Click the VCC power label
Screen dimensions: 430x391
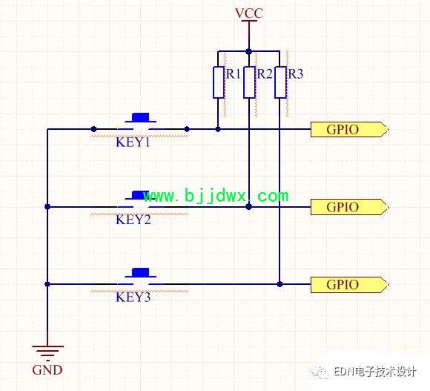[x=249, y=13]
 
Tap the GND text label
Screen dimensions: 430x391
[x=47, y=370]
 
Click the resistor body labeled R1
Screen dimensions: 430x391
[x=218, y=82]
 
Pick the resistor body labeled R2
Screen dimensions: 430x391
[x=249, y=82]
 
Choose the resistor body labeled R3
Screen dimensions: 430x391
[x=280, y=82]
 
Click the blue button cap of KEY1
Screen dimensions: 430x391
[x=140, y=117]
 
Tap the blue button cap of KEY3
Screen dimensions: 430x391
[x=140, y=272]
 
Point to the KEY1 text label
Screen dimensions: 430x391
[x=133, y=142]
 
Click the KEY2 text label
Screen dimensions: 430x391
[x=133, y=220]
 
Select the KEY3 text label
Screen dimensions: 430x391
[x=133, y=298]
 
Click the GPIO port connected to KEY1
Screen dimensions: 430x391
[x=350, y=130]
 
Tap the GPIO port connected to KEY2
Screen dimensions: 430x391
[x=350, y=207]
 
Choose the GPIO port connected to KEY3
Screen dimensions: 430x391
[x=350, y=285]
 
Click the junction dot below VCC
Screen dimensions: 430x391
[x=248, y=51]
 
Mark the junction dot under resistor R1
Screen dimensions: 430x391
[x=218, y=129]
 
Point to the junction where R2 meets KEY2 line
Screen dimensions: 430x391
[x=248, y=206]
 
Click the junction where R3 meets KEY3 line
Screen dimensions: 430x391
[x=279, y=284]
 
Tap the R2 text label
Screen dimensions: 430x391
[x=265, y=73]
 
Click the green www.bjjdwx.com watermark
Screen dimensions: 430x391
[x=216, y=196]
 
